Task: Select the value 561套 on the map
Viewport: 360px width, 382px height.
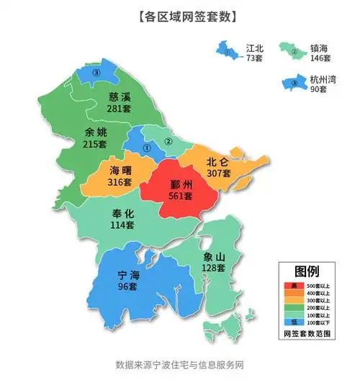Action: click(176, 196)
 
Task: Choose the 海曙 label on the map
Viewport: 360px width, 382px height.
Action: click(120, 170)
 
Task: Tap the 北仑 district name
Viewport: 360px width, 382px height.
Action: click(218, 161)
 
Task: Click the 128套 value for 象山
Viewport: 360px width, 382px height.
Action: click(214, 268)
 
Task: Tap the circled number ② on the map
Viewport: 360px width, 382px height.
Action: click(168, 141)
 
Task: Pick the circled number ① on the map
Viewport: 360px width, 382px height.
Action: click(147, 148)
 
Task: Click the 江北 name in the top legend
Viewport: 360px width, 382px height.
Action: click(255, 47)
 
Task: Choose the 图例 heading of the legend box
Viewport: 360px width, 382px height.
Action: click(307, 271)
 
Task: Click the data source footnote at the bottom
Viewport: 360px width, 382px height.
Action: click(180, 364)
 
